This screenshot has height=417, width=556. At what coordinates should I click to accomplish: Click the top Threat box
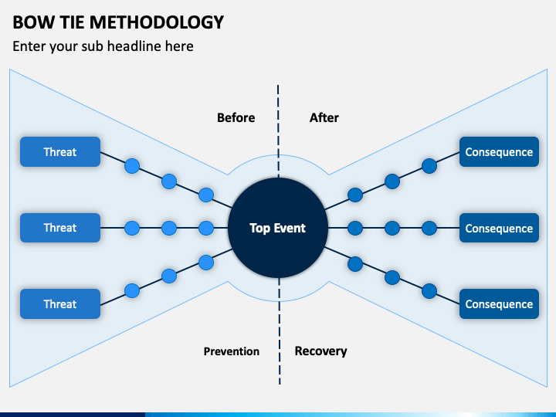click(x=60, y=152)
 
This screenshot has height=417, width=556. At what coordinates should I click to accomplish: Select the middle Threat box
click(x=60, y=228)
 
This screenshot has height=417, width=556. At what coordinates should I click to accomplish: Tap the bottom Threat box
click(x=60, y=304)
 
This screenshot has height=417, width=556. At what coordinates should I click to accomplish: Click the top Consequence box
click(x=499, y=152)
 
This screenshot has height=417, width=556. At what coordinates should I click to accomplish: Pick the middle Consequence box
click(x=499, y=228)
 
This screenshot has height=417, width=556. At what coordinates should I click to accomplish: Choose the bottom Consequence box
click(x=499, y=304)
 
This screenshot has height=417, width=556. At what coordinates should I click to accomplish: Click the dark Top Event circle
click(x=278, y=228)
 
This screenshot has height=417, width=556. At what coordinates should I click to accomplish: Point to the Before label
click(x=236, y=117)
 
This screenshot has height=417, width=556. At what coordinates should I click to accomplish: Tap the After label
click(x=324, y=117)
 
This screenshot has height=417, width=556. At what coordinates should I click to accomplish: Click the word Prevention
click(x=231, y=351)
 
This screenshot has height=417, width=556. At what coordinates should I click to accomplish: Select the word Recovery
click(x=321, y=351)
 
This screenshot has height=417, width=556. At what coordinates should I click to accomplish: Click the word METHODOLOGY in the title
click(x=157, y=22)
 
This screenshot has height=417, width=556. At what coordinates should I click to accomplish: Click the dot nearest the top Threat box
click(x=132, y=166)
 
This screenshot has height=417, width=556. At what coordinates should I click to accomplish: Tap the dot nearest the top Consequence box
click(x=429, y=166)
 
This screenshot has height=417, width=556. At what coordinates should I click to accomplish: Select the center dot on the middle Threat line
click(x=169, y=228)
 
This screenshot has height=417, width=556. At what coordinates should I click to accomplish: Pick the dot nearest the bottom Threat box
click(x=132, y=291)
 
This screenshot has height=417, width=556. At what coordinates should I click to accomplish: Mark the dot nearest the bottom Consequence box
click(x=429, y=291)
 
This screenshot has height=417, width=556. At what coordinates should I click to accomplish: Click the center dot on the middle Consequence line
click(x=392, y=228)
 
